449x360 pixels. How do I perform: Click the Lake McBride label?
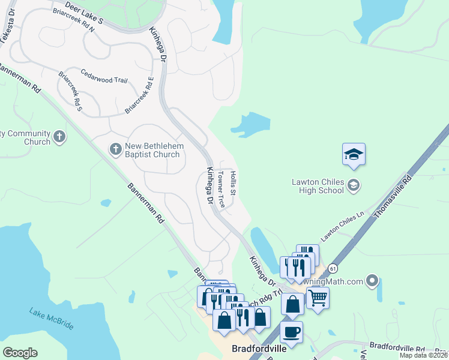pos(52,319)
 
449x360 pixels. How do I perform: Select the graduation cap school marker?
pos(354,155)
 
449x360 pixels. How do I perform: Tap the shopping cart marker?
pos(318,297)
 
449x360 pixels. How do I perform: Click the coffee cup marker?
pos(292,332)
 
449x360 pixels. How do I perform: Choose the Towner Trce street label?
pos(221,190)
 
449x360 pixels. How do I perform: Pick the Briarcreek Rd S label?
pos(70,91)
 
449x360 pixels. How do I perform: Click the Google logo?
pos(20,353)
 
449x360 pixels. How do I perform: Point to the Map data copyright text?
pos(423,355)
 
